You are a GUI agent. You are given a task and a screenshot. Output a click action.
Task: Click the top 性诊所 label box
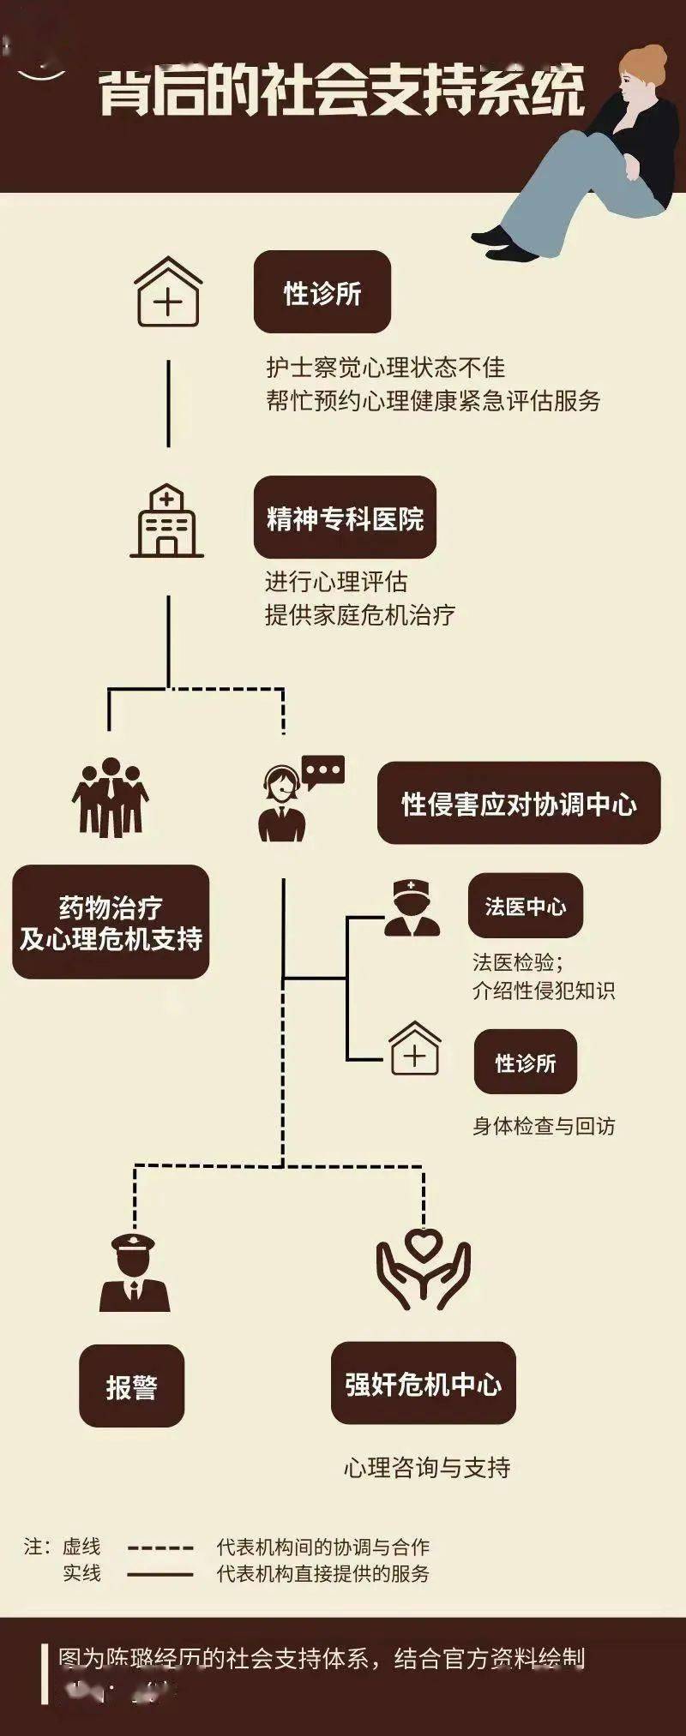(x=322, y=292)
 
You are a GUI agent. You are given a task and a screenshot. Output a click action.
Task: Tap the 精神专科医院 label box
(x=345, y=518)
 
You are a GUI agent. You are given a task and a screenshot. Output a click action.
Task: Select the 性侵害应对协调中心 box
(x=519, y=804)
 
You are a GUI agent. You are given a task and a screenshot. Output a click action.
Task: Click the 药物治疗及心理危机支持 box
(x=111, y=923)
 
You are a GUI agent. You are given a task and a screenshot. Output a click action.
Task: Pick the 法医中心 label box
(x=525, y=906)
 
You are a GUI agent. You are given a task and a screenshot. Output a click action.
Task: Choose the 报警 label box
(x=131, y=1386)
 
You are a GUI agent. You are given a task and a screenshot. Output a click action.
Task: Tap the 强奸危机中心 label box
(x=423, y=1384)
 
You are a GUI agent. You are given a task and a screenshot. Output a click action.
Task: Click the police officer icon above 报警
(x=135, y=1272)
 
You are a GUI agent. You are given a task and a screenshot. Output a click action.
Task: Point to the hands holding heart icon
(x=423, y=1267)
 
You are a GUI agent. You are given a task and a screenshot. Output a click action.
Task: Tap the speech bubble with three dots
(x=323, y=771)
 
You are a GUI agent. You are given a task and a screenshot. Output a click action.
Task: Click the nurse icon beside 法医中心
(x=412, y=908)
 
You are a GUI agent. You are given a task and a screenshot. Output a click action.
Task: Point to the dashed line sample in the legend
(x=160, y=1547)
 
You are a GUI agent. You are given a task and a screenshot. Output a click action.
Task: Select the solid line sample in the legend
(x=160, y=1574)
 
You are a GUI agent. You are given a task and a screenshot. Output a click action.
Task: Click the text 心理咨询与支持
(x=427, y=1468)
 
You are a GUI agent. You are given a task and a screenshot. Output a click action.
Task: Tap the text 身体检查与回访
(x=544, y=1126)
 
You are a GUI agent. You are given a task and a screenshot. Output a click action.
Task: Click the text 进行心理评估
(x=336, y=582)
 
